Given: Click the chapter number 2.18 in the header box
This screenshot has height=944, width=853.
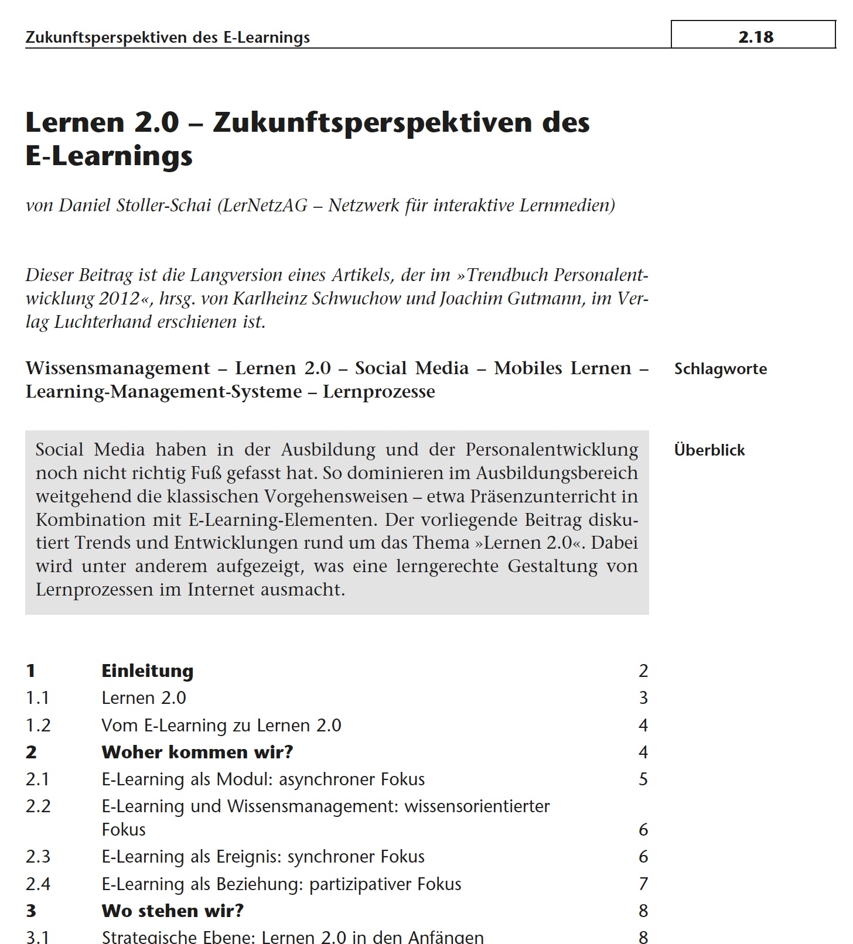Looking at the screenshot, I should pyautogui.click(x=756, y=37).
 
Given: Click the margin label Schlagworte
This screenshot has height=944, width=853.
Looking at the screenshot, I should pyautogui.click(x=720, y=369).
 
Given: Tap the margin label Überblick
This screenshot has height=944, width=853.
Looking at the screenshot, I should pyautogui.click(x=709, y=450).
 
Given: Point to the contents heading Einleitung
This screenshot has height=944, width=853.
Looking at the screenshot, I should pyautogui.click(x=147, y=671).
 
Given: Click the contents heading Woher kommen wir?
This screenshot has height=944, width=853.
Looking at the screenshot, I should pyautogui.click(x=197, y=752).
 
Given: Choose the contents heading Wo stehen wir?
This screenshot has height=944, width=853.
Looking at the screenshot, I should pyautogui.click(x=172, y=911).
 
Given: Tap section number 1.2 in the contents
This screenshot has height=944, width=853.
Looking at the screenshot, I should pyautogui.click(x=38, y=726).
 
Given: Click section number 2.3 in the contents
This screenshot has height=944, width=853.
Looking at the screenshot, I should pyautogui.click(x=38, y=857).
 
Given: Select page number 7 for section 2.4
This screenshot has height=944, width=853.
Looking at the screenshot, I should pyautogui.click(x=643, y=884).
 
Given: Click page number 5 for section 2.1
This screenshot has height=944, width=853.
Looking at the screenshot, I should pyautogui.click(x=643, y=779).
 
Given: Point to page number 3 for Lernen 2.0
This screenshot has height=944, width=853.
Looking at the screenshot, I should pyautogui.click(x=643, y=698).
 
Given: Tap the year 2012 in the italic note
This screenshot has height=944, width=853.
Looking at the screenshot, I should pyautogui.click(x=119, y=299).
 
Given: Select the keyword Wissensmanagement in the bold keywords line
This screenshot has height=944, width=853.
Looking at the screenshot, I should pyautogui.click(x=117, y=368).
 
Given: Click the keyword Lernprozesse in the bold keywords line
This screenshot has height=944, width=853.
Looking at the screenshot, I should pyautogui.click(x=378, y=392).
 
